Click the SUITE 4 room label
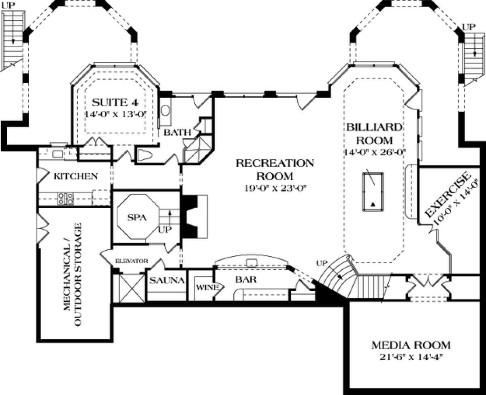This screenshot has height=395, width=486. tap(115, 103)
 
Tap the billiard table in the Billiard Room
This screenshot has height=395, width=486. tap(373, 192)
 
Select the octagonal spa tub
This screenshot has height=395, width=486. tap(138, 217)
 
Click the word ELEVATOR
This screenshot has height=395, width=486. tap(132, 261)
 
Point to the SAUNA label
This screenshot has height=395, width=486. tap(167, 281)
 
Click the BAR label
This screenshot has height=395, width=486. tap(246, 279)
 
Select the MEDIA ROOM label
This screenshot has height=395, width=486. tap(411, 345)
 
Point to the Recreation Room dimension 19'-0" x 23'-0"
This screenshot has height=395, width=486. tap(275, 188)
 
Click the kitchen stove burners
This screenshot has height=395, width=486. tap(66, 199)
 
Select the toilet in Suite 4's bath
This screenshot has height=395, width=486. tap(145, 155)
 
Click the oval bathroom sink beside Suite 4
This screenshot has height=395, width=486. tap(165, 111)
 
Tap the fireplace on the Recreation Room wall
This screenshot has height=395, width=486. tap(194, 216)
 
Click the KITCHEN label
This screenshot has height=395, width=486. tap(76, 176)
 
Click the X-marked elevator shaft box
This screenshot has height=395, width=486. tap(132, 288)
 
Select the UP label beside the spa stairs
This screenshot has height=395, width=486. tap(165, 230)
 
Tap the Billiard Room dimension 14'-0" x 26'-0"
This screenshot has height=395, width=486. tap(375, 152)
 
